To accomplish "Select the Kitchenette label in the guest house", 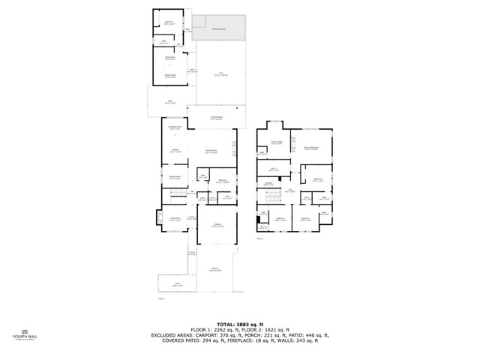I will coord(170,58).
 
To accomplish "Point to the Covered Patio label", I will coord(216,118).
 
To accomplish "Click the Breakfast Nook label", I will coord(175,128).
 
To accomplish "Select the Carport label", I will coord(215,268).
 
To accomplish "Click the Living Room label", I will coord(174,219).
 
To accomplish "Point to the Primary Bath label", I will coord(276,142).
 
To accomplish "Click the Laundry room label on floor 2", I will coord(268,184).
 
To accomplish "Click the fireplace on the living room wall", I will coord(160,217).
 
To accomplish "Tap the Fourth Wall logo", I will coord(25,334).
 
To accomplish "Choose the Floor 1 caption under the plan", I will coord(161,298).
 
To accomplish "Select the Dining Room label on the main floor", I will coord(174,178).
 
